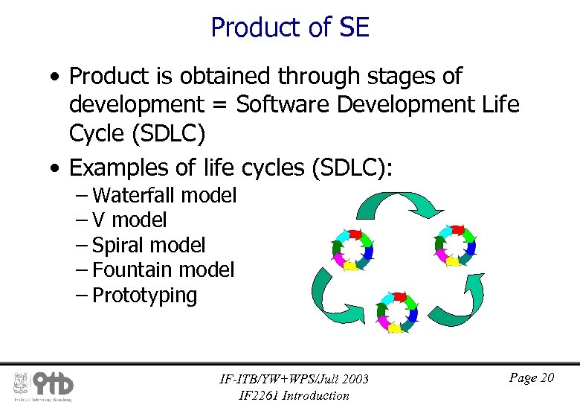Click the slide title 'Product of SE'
[x=290, y=28]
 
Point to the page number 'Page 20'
[x=532, y=378]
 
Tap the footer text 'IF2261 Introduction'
[x=294, y=395]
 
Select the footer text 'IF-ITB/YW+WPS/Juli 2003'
[x=294, y=379]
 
